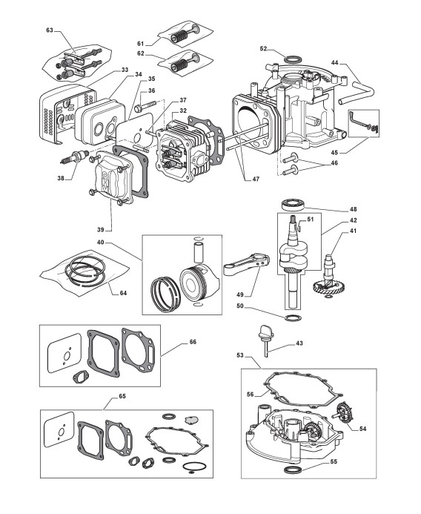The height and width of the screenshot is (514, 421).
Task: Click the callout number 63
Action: pyautogui.click(x=50, y=30)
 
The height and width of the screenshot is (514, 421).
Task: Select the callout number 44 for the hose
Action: pyautogui.click(x=335, y=62)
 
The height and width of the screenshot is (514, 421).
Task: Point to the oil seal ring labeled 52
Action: pyautogui.click(x=292, y=60)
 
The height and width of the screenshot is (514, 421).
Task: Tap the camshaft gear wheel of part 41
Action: pyautogui.click(x=328, y=288)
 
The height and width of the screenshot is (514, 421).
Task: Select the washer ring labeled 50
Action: pyautogui.click(x=293, y=317)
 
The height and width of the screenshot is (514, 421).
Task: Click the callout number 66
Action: pyautogui.click(x=193, y=342)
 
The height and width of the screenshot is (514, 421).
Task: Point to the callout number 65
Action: pyautogui.click(x=122, y=396)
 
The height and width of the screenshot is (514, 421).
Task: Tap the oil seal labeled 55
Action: pyautogui.click(x=292, y=469)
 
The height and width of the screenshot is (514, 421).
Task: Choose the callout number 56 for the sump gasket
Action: pyautogui.click(x=251, y=395)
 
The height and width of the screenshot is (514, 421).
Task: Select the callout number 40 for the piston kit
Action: pyautogui.click(x=101, y=243)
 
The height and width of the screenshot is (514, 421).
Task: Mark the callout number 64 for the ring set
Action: pyautogui.click(x=123, y=293)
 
